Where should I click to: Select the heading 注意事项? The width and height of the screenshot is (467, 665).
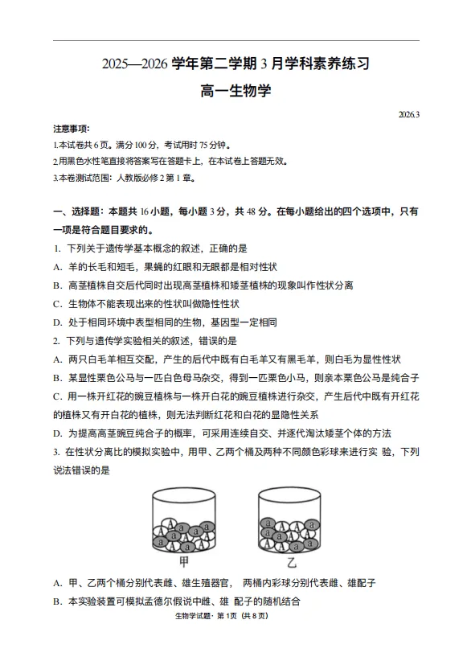pos(71,129)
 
